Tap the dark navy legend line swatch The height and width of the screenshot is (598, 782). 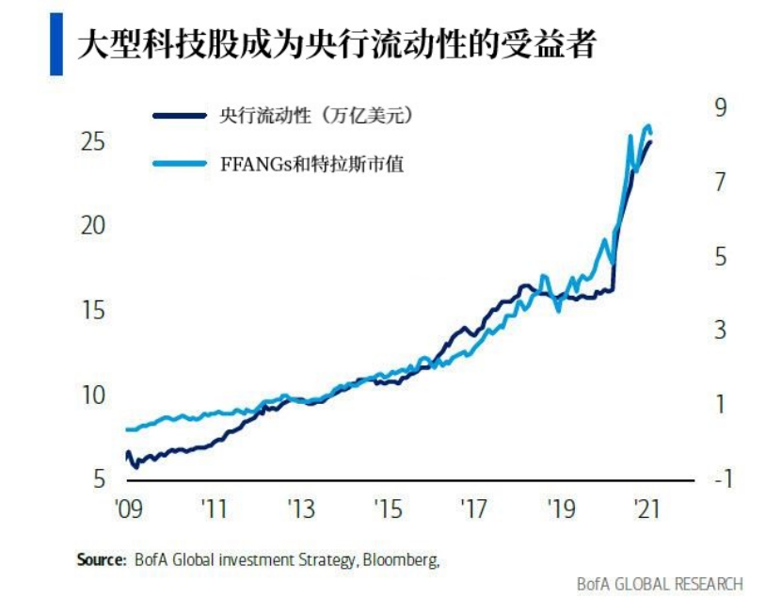point(179,116)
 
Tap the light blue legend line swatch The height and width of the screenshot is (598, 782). point(179,165)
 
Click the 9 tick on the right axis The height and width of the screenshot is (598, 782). point(721,107)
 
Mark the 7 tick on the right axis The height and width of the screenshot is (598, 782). point(721,182)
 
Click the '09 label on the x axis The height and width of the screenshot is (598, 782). point(128,509)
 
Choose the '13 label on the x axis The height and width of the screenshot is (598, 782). point(301,509)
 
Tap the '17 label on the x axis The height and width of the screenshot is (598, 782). point(474,509)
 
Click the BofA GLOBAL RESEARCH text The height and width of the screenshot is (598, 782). point(660,584)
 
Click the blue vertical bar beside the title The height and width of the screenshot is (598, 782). point(56,44)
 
